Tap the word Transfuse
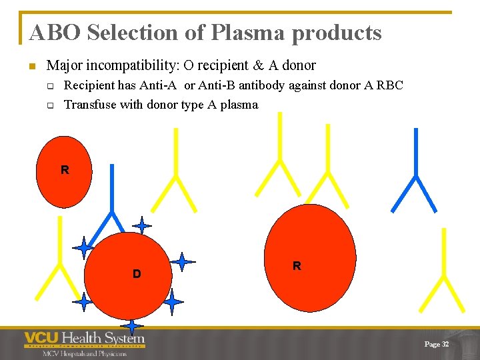pyautogui.click(x=89, y=104)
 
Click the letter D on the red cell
pyautogui.click(x=136, y=274)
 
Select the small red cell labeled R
pyautogui.click(x=63, y=171)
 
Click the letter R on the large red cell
pyautogui.click(x=297, y=266)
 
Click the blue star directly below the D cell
pyautogui.click(x=133, y=325)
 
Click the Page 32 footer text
pyautogui.click(x=437, y=344)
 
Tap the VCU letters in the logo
pyautogui.click(x=41, y=338)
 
